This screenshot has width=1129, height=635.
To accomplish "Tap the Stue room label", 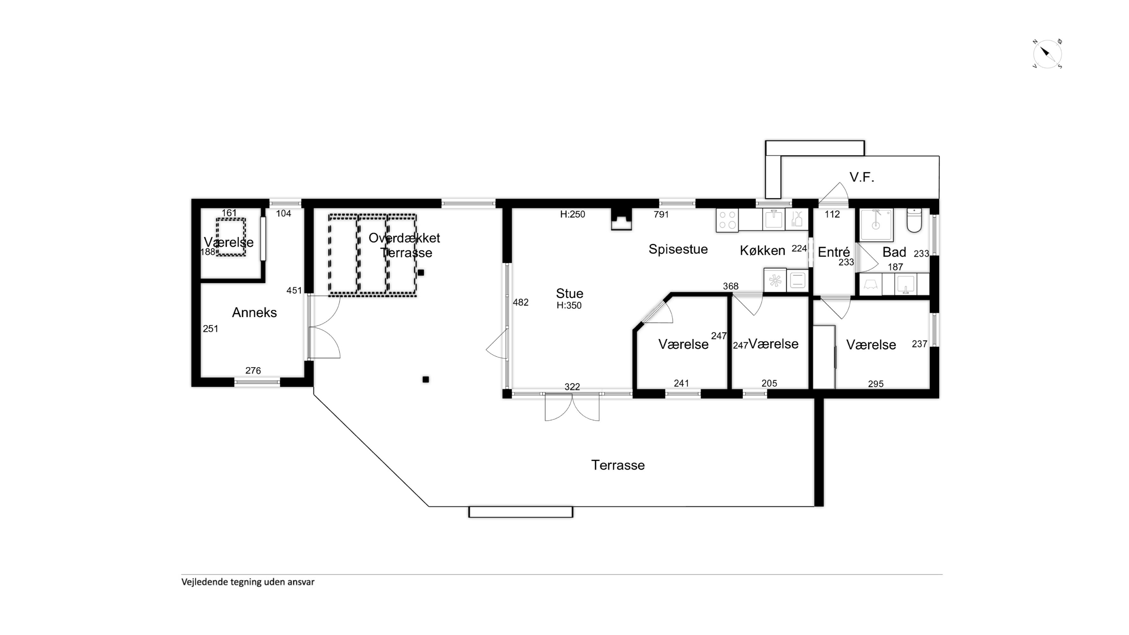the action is pos(569,293).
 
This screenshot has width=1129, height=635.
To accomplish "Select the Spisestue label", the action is pos(678,249).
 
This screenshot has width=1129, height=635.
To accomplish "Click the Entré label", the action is pos(834,252).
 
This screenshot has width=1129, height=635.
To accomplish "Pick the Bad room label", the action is pos(894,252).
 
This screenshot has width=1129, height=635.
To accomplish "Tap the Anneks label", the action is pos(254,313).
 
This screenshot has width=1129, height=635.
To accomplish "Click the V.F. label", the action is pos(862,177).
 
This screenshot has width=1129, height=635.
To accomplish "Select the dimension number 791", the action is pos(661,214).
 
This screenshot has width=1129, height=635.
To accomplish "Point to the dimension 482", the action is pos(521,302).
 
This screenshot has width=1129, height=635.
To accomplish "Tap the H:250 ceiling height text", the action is pos(572,214).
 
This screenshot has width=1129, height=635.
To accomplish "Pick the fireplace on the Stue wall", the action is pos(621,219).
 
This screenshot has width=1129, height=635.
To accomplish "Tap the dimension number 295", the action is pos(876,384).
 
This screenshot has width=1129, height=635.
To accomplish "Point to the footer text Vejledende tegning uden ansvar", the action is pos(248,582).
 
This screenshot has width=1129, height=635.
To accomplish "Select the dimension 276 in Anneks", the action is pos(253,371).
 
